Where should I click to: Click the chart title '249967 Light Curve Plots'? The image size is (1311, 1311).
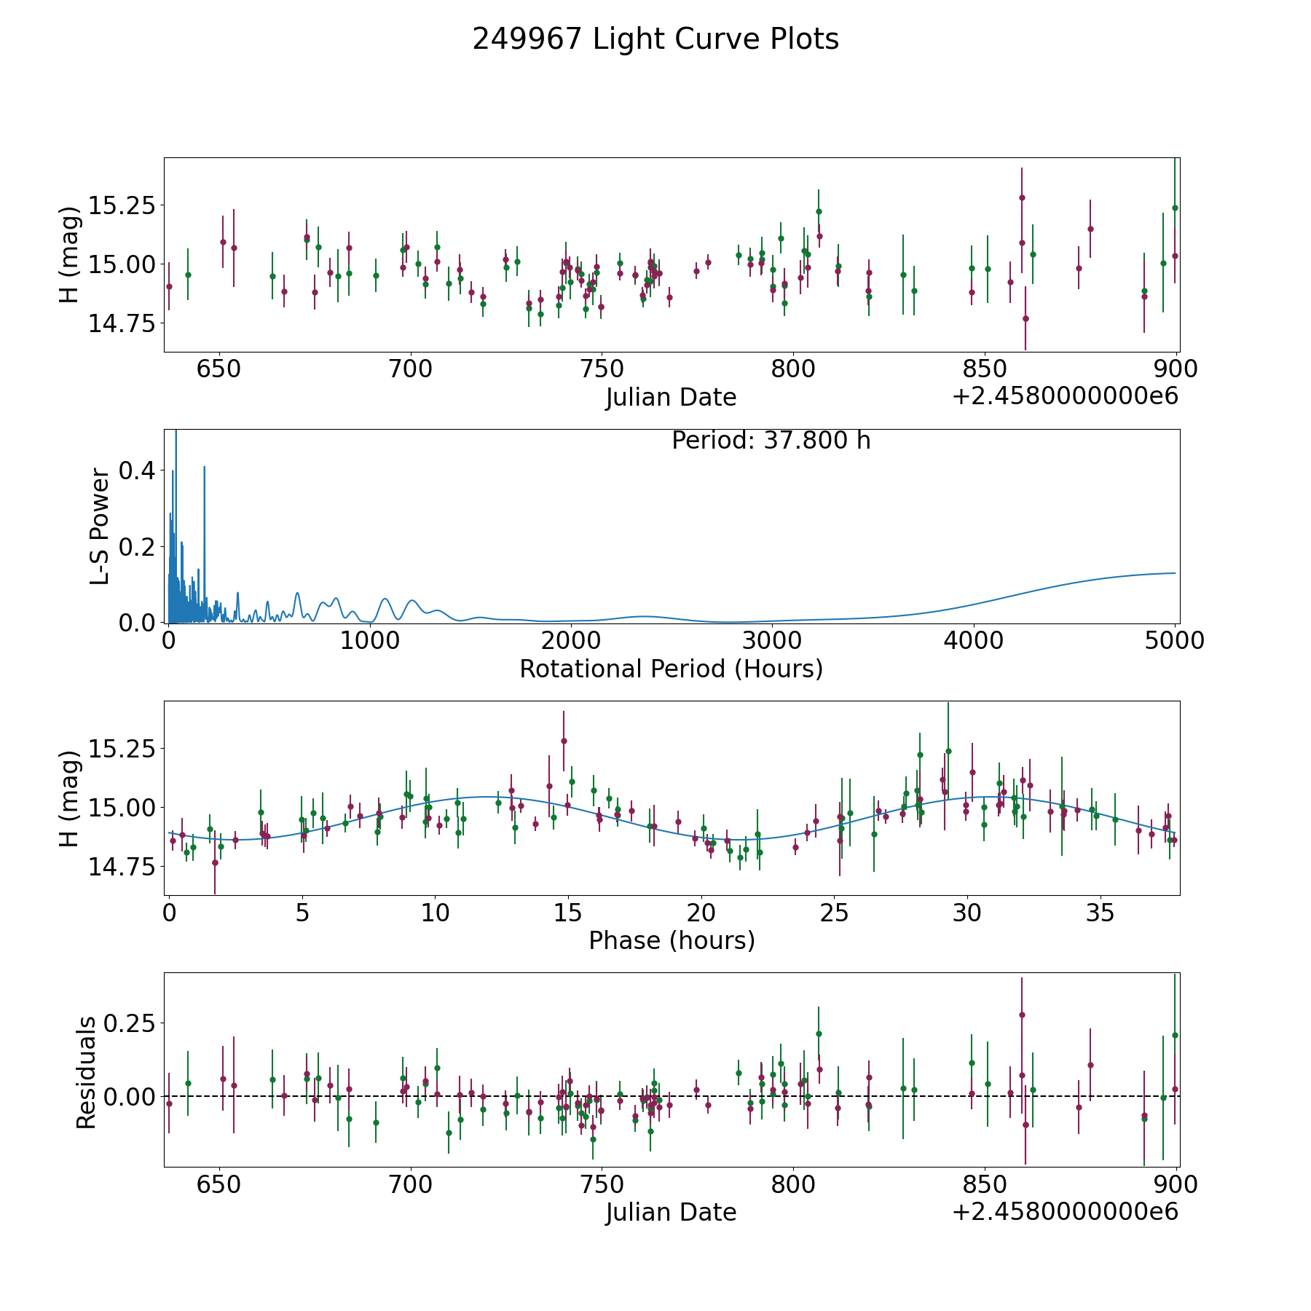(655, 39)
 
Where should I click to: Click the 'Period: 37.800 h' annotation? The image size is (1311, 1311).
(771, 441)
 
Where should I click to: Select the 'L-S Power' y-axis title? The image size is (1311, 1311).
(100, 527)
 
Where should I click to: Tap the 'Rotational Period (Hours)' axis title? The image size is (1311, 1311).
(671, 669)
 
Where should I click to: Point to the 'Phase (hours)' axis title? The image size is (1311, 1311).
(672, 940)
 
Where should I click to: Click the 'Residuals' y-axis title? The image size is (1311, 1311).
(86, 1072)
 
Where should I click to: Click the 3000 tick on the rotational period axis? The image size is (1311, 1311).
(771, 641)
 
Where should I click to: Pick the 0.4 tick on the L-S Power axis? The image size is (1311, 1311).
(137, 471)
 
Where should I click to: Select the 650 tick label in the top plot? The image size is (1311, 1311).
(219, 369)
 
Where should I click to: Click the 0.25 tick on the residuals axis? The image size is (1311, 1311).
(130, 1023)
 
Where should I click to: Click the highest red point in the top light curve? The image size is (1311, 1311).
(1022, 197)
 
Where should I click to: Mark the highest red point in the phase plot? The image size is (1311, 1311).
(564, 741)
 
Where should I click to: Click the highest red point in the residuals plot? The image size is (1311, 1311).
(1022, 1015)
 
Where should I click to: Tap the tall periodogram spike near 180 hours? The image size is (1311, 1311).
(205, 468)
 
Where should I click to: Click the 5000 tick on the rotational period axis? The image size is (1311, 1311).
(1174, 641)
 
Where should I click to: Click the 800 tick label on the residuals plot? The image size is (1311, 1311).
(792, 1185)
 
